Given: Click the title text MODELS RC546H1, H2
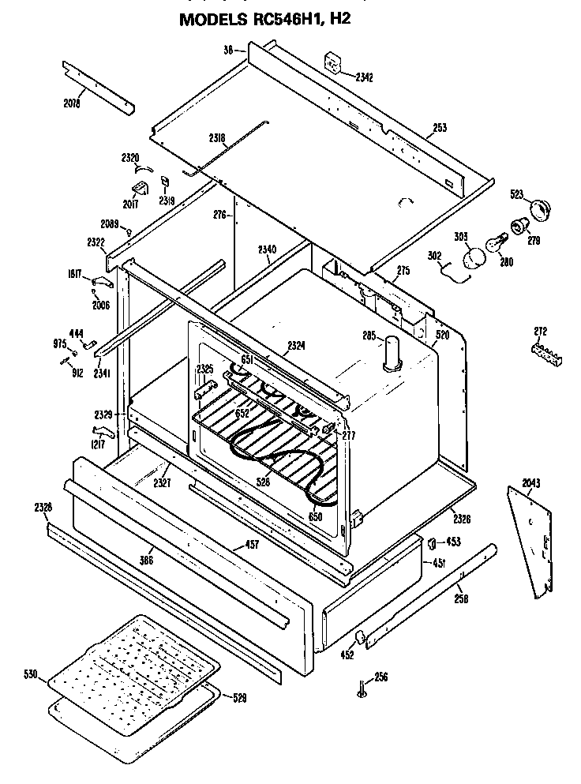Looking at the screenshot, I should click(264, 19).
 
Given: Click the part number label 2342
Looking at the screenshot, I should click(364, 77).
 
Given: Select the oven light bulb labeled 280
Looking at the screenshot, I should click(495, 241).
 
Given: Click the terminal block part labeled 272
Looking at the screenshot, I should click(545, 354).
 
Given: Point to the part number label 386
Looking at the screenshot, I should click(146, 559).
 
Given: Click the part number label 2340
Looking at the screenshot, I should click(267, 249).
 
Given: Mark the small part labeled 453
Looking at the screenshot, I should click(433, 542).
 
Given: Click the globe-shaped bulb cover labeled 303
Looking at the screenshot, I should click(474, 258).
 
